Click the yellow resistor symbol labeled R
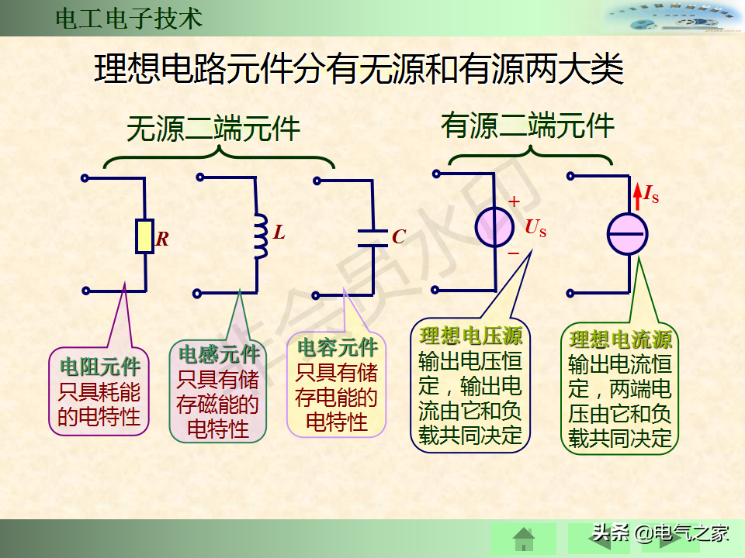pyautogui.click(x=144, y=236)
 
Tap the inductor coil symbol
pyautogui.click(x=260, y=236)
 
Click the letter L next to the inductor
pyautogui.click(x=279, y=232)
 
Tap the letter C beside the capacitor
pyautogui.click(x=399, y=237)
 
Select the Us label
pyautogui.click(x=535, y=228)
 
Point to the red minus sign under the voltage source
pyautogui.click(x=513, y=253)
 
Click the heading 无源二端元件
pyautogui.click(x=213, y=129)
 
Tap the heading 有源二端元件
pyautogui.click(x=528, y=125)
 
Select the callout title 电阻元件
pyautogui.click(x=100, y=366)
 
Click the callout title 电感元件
pyautogui.click(x=219, y=355)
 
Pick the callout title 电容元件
pyautogui.click(x=338, y=347)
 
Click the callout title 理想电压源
pyautogui.click(x=471, y=336)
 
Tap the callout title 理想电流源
pyautogui.click(x=621, y=339)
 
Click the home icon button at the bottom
pyautogui.click(x=524, y=538)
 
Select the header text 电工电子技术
pyautogui.click(x=129, y=19)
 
